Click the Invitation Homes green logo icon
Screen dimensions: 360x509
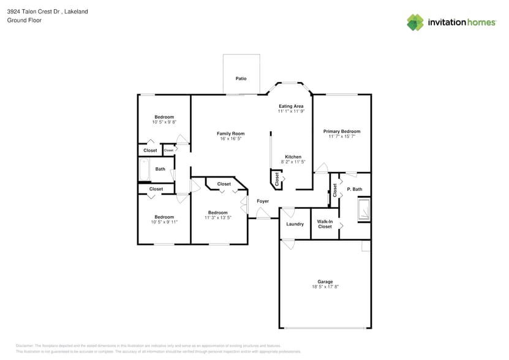point(415,23)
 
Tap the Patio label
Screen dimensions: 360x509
point(241,79)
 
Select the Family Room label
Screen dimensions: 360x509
point(230,133)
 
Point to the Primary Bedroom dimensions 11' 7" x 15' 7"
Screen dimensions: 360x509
point(341,137)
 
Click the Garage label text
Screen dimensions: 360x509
point(325,282)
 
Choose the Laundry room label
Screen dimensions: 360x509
point(295,224)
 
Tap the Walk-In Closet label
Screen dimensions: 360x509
point(325,224)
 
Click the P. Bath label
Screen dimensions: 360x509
point(355,189)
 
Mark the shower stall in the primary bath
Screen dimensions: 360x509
point(364,208)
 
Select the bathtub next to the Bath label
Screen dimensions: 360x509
point(145,170)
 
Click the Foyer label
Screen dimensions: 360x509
point(263,201)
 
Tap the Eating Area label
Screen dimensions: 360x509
point(291,106)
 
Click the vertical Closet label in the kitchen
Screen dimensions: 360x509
point(277,179)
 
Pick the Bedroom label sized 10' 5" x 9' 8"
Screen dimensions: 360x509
point(164,117)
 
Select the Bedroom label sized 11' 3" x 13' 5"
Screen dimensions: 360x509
point(217,212)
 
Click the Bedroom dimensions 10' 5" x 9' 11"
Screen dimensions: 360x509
point(164,222)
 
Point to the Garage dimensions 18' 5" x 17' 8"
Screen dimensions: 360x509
point(325,287)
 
